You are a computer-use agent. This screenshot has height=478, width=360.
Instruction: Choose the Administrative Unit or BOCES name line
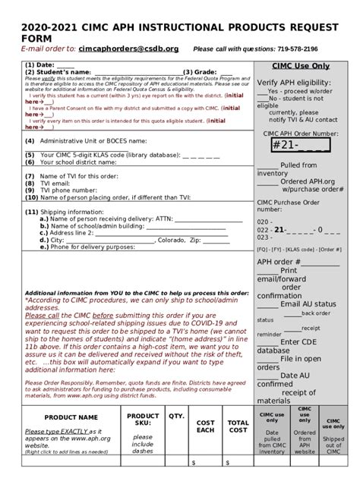[x=84, y=141]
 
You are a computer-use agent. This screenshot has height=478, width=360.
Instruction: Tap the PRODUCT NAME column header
[x=71, y=417]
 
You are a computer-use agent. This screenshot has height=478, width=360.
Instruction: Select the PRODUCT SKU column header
[x=142, y=420]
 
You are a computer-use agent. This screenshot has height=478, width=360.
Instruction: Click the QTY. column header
[x=176, y=417]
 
